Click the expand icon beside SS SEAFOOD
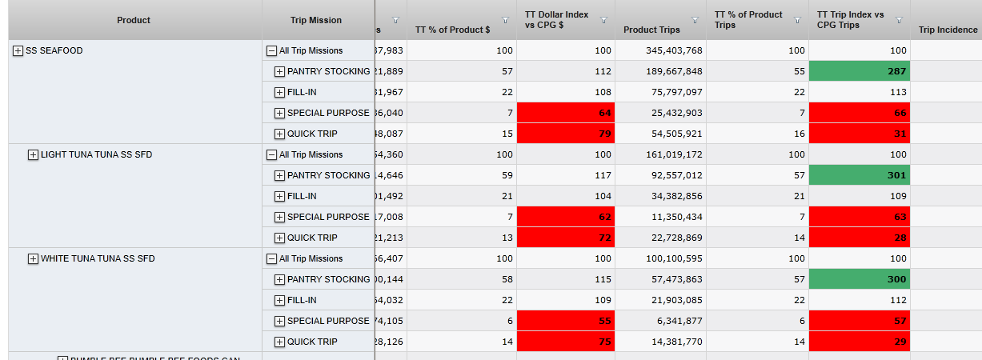18,51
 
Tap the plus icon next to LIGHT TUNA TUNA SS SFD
33,155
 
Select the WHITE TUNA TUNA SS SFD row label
98,258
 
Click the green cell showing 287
859,71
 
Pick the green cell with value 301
859,175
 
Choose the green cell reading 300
859,279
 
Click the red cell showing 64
566,113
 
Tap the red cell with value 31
859,134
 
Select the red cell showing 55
566,321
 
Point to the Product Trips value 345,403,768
674,50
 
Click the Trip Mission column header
316,20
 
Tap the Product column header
134,20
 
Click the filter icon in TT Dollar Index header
603,21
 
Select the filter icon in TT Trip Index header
899,21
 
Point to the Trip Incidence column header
948,30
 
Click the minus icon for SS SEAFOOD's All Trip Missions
271,51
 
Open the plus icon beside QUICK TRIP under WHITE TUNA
279,342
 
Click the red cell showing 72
566,238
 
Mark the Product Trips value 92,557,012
674,175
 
